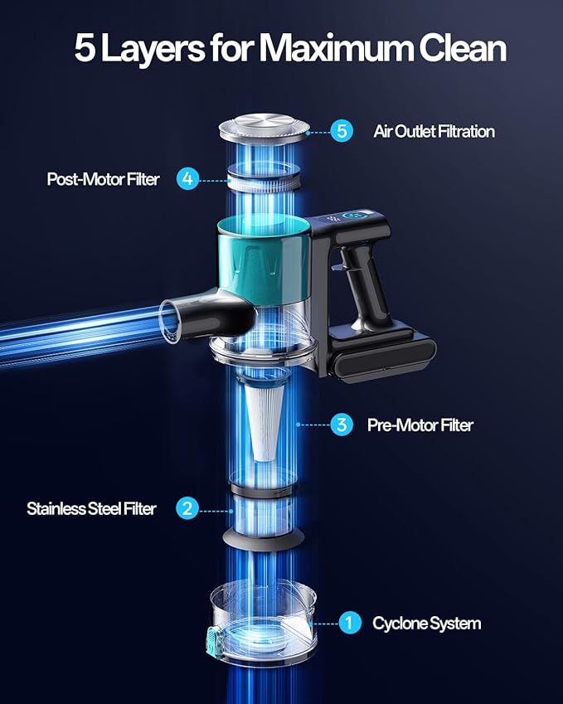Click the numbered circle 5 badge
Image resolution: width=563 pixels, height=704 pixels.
tap(342, 131)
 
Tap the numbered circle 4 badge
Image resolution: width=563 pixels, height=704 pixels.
tap(187, 178)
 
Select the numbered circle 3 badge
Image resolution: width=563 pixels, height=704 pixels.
tap(342, 425)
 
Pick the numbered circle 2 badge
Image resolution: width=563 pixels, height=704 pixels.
tap(187, 508)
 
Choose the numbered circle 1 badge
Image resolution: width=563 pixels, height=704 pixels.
tap(350, 623)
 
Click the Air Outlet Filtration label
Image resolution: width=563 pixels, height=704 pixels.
tap(434, 131)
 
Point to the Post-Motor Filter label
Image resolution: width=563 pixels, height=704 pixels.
tap(104, 179)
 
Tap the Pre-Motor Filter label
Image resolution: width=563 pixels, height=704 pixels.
tap(420, 425)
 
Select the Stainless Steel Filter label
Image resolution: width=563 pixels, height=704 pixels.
tap(91, 508)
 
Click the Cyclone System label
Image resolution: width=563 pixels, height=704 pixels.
tap(426, 624)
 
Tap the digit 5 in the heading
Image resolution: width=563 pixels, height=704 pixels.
tap(85, 48)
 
